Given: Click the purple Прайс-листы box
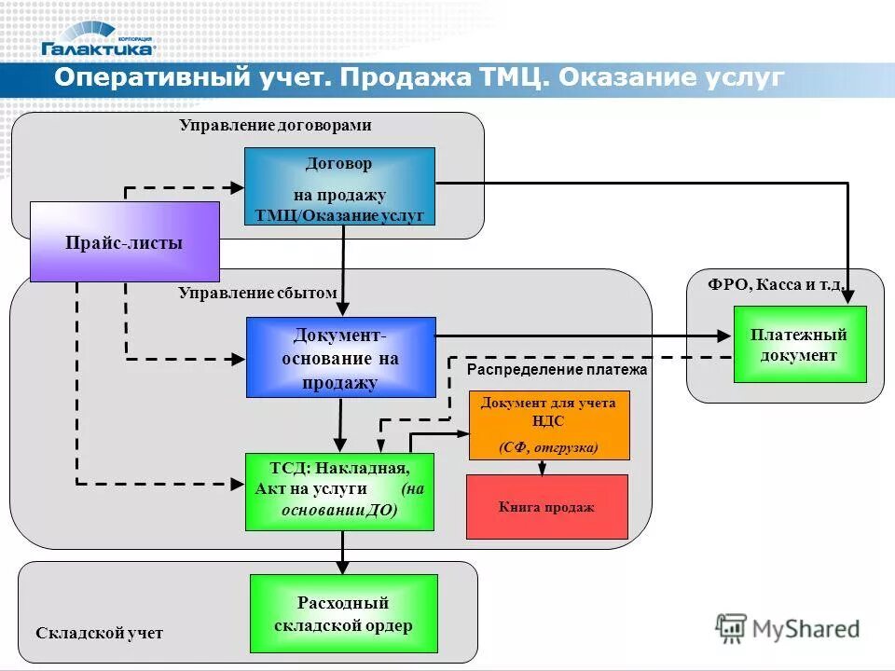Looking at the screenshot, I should [124, 242].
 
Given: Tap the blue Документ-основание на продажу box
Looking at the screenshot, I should [340, 358].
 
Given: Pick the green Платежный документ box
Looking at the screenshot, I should [799, 344].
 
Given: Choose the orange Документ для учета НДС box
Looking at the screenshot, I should [548, 425].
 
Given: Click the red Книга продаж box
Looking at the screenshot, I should [546, 507].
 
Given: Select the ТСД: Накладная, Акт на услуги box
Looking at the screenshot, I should [339, 491].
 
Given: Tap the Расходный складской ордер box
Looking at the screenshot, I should [343, 613].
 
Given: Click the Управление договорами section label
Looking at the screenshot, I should [275, 125].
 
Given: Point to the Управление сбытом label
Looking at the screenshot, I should [257, 293].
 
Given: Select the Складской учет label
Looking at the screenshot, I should [99, 633].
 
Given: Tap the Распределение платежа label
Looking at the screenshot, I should [557, 370].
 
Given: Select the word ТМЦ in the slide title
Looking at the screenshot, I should [511, 78].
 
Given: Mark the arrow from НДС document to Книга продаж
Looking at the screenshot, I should [541, 467].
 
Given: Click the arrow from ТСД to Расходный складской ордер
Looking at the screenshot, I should [343, 552].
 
